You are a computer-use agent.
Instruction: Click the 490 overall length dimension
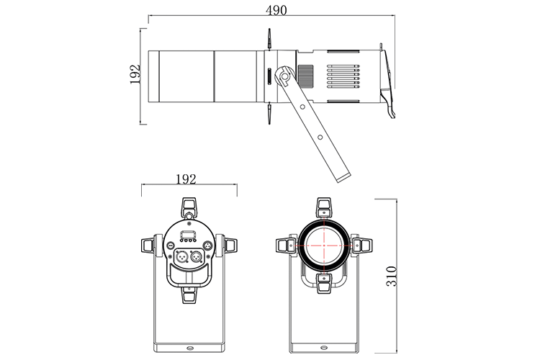[276, 10]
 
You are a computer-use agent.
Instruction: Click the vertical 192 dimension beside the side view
[135, 74]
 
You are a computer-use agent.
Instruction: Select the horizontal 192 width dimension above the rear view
[186, 179]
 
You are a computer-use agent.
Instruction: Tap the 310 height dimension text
[392, 275]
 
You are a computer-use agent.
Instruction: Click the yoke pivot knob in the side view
[285, 74]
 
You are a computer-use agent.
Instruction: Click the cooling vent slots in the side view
[343, 75]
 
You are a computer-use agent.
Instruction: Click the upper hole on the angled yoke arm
[303, 107]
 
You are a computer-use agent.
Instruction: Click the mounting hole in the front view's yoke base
[326, 346]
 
